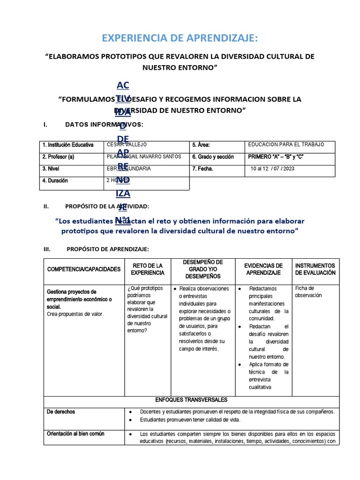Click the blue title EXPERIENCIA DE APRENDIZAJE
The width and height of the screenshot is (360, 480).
(x=180, y=37)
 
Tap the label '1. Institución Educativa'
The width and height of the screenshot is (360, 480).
(x=68, y=145)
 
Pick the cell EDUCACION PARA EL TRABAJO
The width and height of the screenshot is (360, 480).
(x=286, y=144)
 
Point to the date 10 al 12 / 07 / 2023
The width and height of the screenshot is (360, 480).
(x=273, y=169)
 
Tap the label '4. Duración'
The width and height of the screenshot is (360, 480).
(x=55, y=180)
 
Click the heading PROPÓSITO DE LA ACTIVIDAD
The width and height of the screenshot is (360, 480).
(x=107, y=206)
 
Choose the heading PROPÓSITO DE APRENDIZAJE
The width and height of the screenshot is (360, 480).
(x=108, y=249)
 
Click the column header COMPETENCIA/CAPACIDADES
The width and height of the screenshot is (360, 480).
(x=84, y=269)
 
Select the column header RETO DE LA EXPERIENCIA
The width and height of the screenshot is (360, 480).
(x=148, y=269)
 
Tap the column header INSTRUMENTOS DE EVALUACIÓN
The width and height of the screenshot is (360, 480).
(x=315, y=269)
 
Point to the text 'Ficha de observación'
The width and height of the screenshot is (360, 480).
(x=308, y=292)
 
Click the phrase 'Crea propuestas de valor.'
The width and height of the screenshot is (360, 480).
(x=75, y=314)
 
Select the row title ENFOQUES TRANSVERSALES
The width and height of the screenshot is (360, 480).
(x=191, y=400)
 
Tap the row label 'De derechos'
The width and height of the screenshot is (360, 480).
(x=61, y=412)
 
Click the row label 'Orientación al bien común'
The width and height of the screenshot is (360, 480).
(x=76, y=434)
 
